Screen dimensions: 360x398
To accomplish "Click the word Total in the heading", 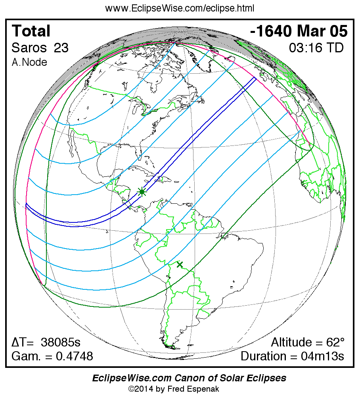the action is pyautogui.click(x=31, y=31).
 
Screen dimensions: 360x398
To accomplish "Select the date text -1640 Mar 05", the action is pyautogui.click(x=299, y=31).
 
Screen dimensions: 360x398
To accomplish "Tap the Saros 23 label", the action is pyautogui.click(x=40, y=48).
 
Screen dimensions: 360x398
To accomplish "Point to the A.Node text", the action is pyautogui.click(x=29, y=62).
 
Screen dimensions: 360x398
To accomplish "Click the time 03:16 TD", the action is pyautogui.click(x=316, y=48).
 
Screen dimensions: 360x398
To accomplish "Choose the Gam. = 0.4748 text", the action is pyautogui.click(x=52, y=356).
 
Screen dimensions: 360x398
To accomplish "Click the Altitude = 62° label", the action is pyautogui.click(x=308, y=342).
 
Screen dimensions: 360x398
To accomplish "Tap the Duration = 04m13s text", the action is pyautogui.click(x=292, y=356).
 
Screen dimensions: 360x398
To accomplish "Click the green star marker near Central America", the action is pyautogui.click(x=142, y=192).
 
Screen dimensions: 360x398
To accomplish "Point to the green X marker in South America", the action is pyautogui.click(x=180, y=264).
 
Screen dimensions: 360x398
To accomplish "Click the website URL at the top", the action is pyautogui.click(x=180, y=8).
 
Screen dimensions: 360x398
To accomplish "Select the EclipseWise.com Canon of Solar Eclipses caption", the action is pyautogui.click(x=189, y=378).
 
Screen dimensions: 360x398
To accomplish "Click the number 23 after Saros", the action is pyautogui.click(x=61, y=48).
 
